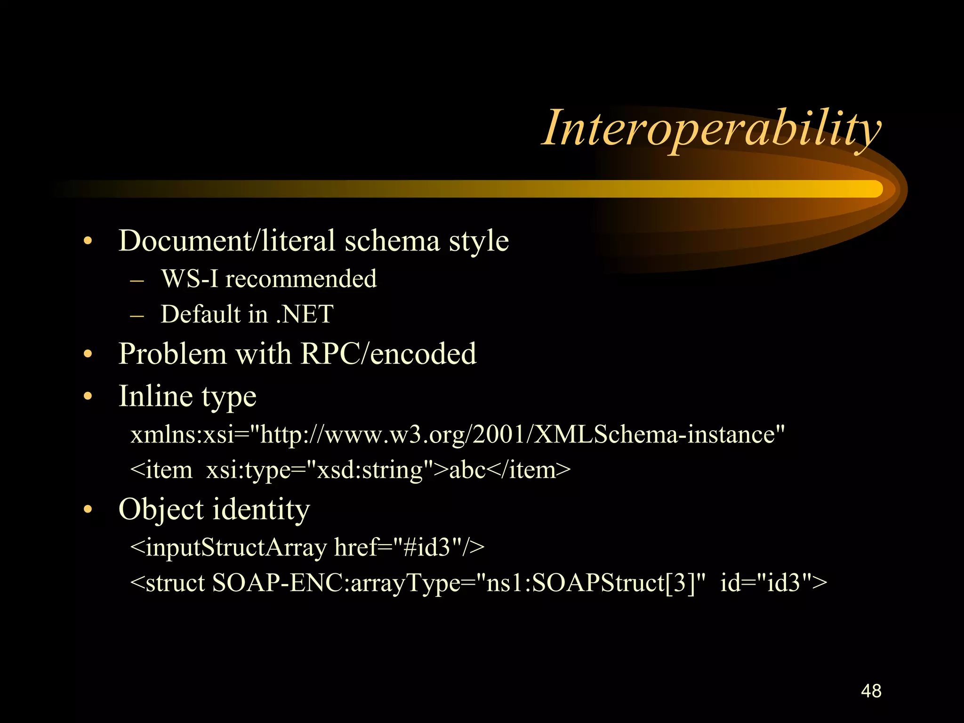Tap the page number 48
[871, 691]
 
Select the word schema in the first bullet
[392, 241]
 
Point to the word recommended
[301, 279]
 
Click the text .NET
[305, 314]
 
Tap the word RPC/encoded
[388, 353]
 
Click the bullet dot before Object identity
[88, 510]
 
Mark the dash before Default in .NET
[137, 315]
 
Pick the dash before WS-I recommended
[137, 280]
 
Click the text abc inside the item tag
[467, 470]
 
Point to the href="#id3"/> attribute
[409, 547]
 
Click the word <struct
[168, 583]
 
